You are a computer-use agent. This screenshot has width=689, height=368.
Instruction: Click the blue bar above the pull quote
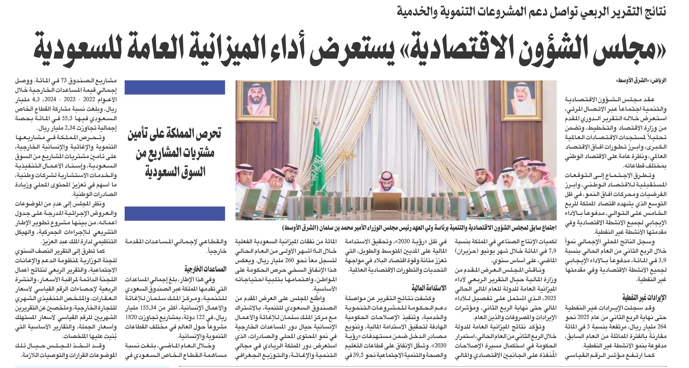(175, 87)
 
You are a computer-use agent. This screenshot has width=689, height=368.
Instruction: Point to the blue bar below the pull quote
(175, 213)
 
